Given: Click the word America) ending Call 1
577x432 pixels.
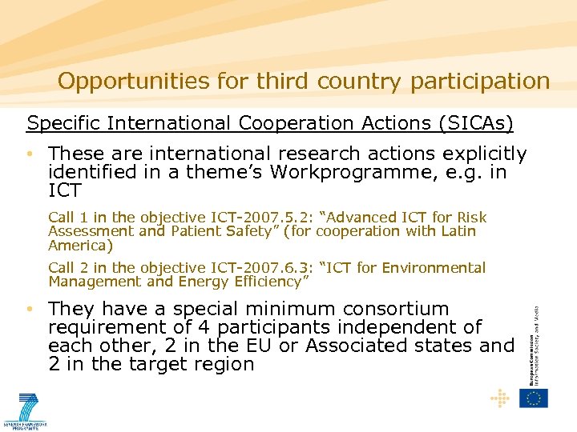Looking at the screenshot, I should tap(80, 245).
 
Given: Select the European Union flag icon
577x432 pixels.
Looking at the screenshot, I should tap(534, 398).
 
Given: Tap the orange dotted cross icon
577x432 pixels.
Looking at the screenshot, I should tap(500, 398).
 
